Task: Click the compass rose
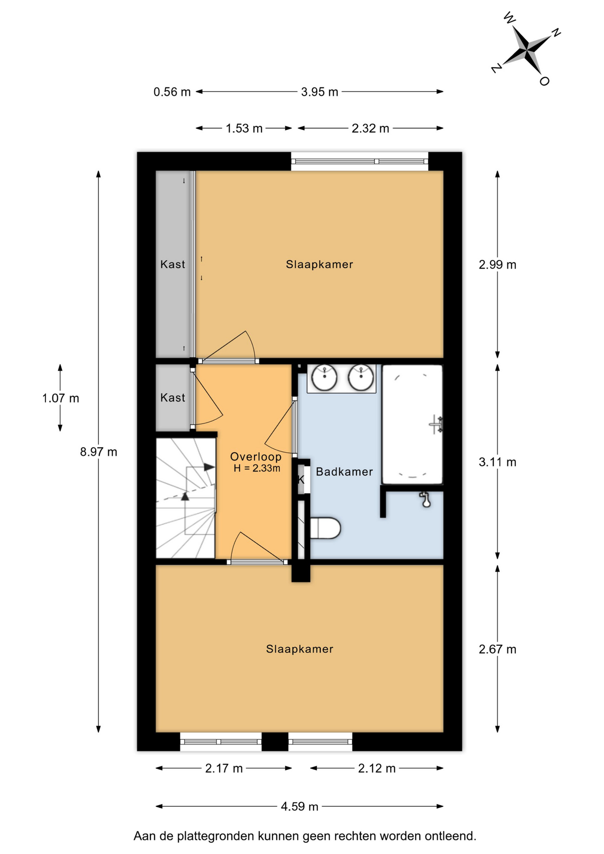coord(527,49)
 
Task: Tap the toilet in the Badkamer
coord(325,528)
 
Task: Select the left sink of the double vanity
coord(324,378)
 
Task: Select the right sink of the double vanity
coord(361,378)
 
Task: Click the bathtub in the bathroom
coord(412,424)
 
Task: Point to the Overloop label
coord(256,457)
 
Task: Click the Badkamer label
coord(344,472)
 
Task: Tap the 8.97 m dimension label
coord(99,452)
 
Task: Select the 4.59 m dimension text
coord(299,806)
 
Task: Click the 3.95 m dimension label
coord(319,92)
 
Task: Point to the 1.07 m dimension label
coord(60,398)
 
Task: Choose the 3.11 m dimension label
coord(497,462)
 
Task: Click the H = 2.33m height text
coord(257,468)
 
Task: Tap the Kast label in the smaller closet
coord(173,398)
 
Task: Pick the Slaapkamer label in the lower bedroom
coord(300,649)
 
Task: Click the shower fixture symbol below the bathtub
coord(426,500)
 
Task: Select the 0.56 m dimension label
coord(172,92)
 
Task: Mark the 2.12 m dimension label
coord(377,768)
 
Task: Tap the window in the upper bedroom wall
coord(360,161)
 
